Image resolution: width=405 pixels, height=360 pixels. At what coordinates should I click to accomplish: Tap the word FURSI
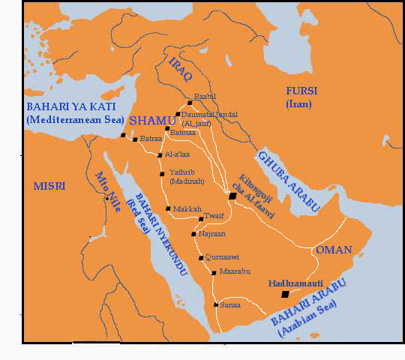[301, 91]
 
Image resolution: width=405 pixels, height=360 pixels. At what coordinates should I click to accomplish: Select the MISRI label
[48, 186]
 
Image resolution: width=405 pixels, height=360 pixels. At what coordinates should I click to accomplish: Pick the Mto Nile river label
[103, 190]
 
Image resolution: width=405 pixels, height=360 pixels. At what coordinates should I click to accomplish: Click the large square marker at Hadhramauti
[284, 295]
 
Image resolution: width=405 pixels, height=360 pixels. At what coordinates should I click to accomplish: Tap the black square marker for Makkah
[168, 208]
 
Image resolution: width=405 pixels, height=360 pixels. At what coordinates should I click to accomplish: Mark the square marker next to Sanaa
[215, 305]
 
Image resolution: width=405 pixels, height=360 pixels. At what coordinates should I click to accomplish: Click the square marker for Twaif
[201, 219]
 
